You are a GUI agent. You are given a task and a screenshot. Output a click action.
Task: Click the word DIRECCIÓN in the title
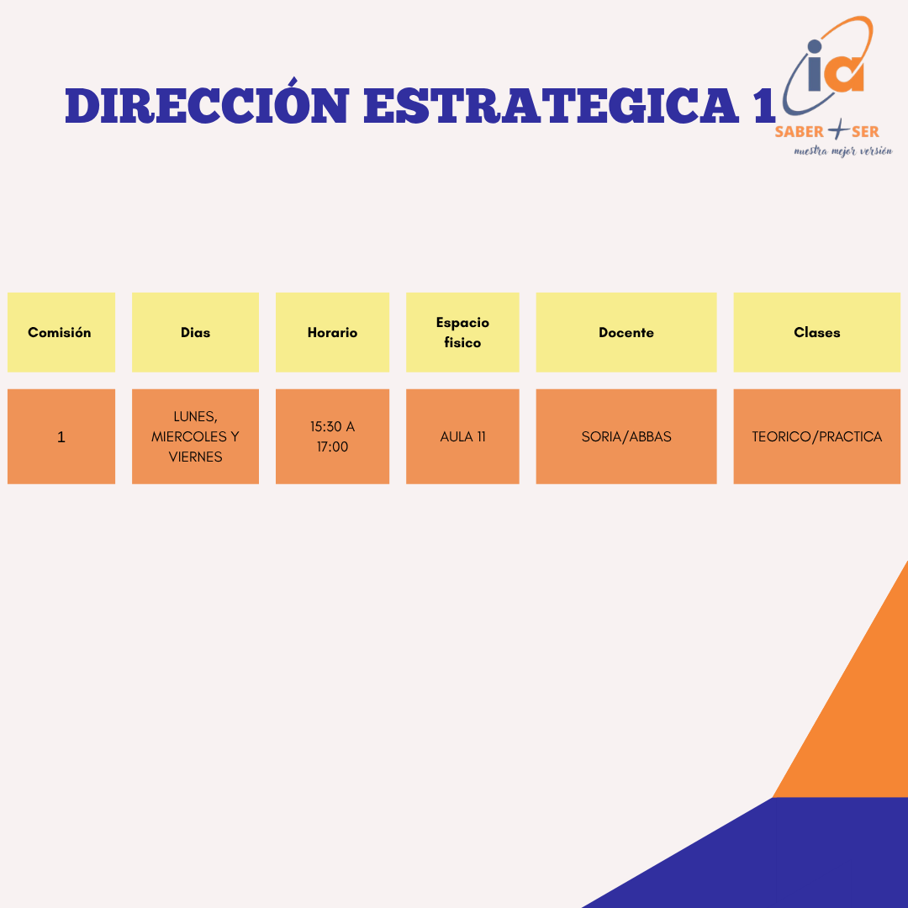point(207,105)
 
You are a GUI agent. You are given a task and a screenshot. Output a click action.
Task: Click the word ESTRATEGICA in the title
point(551,105)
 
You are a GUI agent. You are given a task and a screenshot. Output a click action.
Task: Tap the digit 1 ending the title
point(763,105)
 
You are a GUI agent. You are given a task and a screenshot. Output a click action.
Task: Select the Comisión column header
point(61,332)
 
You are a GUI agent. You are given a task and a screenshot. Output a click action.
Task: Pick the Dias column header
point(195,332)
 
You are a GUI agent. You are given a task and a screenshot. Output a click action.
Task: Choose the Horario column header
point(332,332)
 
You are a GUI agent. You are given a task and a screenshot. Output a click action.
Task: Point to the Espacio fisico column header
point(462,332)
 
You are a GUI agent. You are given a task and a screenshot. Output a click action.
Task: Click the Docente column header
point(626,332)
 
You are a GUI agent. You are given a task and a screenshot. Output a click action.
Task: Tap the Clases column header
point(816,332)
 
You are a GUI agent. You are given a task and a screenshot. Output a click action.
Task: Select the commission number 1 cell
point(61,436)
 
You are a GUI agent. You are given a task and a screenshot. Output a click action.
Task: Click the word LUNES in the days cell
point(195,417)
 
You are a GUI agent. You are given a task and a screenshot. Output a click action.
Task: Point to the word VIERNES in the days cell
point(195,457)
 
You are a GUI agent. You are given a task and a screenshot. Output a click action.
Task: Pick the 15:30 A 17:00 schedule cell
point(332,436)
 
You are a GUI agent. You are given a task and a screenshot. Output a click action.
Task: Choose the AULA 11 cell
point(462,436)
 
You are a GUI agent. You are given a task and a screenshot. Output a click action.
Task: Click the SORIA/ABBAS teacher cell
point(626,436)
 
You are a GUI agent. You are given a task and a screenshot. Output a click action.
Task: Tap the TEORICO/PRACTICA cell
point(816,436)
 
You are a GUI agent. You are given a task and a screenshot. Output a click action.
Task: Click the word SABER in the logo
point(800,132)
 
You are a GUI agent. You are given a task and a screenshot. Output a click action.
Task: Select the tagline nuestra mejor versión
point(843,151)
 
